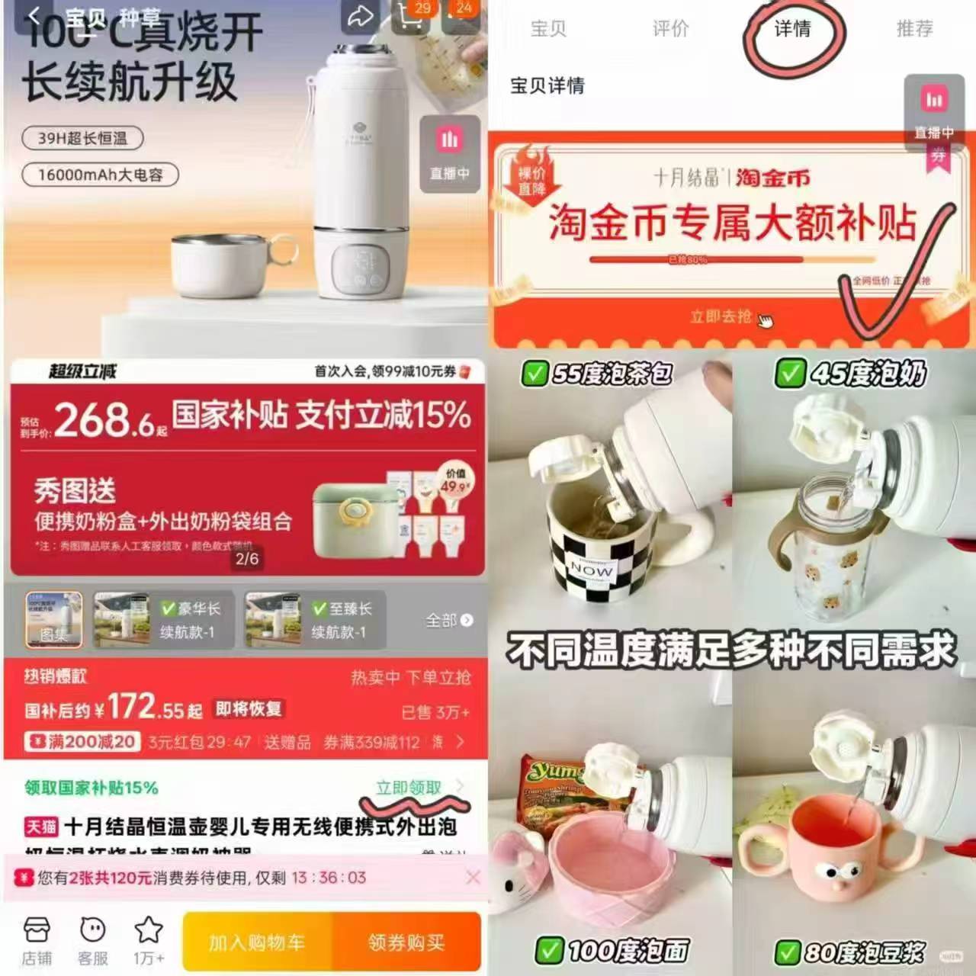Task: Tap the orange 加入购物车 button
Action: (x=257, y=942)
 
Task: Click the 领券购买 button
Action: (x=406, y=942)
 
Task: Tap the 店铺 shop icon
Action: (x=37, y=941)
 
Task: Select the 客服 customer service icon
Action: (x=93, y=941)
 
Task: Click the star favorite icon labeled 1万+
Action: (x=148, y=941)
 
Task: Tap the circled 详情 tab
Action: (x=792, y=29)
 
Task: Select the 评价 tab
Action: (x=670, y=29)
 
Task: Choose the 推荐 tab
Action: (x=914, y=29)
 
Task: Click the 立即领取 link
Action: (x=409, y=788)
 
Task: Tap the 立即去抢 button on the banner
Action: (x=721, y=316)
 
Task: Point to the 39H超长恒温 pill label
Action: (x=82, y=138)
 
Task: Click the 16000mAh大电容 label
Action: (x=100, y=175)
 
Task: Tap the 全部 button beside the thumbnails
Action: (x=448, y=620)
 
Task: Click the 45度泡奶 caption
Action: (x=852, y=374)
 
